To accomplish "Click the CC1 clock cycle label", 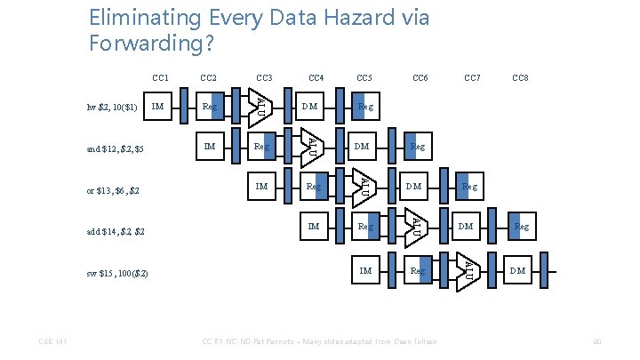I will (161, 78).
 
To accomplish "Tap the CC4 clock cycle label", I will (316, 78).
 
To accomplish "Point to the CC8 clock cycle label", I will (521, 78).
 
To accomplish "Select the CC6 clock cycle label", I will (420, 78).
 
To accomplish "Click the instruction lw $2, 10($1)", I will (113, 108).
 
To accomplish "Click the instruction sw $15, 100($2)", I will (118, 271).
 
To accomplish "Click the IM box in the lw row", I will (157, 107).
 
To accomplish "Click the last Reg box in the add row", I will (521, 228).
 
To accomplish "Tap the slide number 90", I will (598, 341).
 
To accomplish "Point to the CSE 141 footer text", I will (51, 341).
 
